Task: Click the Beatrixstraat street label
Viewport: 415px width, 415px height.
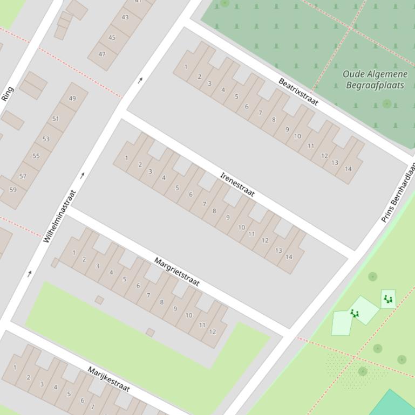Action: pyautogui.click(x=298, y=92)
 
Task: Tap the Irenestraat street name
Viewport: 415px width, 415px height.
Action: pyautogui.click(x=237, y=184)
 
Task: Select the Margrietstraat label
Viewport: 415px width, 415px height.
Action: pyautogui.click(x=177, y=272)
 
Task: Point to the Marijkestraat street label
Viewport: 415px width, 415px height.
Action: pyautogui.click(x=109, y=379)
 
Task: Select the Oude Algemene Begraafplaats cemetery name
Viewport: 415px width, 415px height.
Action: pyautogui.click(x=375, y=80)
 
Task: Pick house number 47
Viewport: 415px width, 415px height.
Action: pyautogui.click(x=102, y=54)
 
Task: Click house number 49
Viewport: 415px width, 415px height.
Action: pyautogui.click(x=72, y=98)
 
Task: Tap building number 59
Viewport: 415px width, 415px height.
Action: pyautogui.click(x=13, y=190)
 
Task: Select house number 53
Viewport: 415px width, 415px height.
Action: pyautogui.click(x=46, y=139)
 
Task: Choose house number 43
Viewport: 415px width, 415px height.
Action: pyautogui.click(x=125, y=17)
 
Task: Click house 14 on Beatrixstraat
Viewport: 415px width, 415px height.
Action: pyautogui.click(x=348, y=169)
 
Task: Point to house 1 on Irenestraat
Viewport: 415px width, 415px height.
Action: pyautogui.click(x=127, y=158)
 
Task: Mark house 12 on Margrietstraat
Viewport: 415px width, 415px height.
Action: pyautogui.click(x=212, y=331)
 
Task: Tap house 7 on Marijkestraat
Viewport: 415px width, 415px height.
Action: pyautogui.click(x=93, y=406)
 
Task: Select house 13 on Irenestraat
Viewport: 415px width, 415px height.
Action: pyautogui.click(x=278, y=250)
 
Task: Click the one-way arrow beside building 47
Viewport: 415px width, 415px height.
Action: pyautogui.click(x=140, y=80)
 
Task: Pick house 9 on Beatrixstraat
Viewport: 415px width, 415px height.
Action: pyautogui.click(x=287, y=129)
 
